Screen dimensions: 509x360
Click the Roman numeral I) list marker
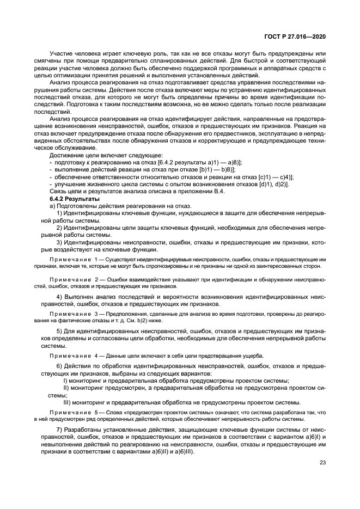click(65, 381)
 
